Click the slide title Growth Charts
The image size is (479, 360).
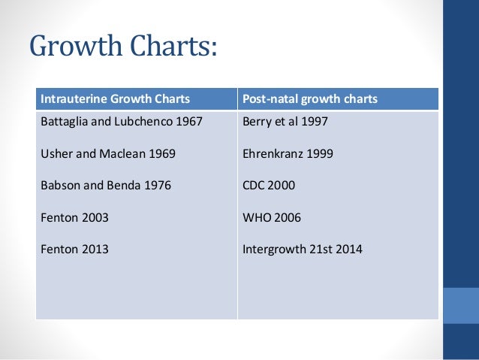click(x=124, y=47)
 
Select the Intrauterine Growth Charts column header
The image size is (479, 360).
click(x=114, y=99)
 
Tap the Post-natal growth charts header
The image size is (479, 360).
click(x=310, y=99)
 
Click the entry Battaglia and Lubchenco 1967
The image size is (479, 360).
click(x=121, y=121)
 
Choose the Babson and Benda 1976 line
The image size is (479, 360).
click(x=105, y=186)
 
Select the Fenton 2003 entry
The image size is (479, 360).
click(x=74, y=217)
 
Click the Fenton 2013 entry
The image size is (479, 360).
click(x=74, y=250)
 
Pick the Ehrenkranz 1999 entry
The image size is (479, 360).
click(x=288, y=153)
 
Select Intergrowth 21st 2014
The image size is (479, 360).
click(x=303, y=250)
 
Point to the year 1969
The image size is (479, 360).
click(x=162, y=153)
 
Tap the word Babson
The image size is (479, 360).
click(x=59, y=186)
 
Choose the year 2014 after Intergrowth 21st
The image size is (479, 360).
click(x=349, y=250)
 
